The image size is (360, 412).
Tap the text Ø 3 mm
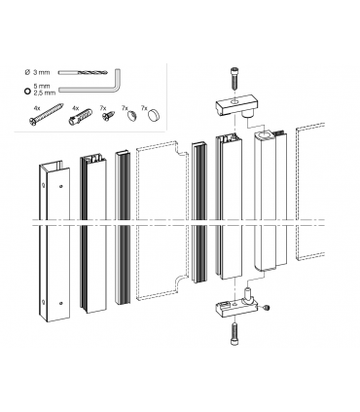click(37, 72)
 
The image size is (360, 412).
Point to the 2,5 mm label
click(45, 94)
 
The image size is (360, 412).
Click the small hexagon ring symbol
click(27, 91)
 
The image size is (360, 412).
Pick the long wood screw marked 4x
click(46, 114)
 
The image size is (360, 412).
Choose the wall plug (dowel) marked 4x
click(80, 116)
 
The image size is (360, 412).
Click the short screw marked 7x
click(108, 116)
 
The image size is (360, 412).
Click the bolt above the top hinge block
click(234, 78)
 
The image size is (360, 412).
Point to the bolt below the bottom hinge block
click(234, 334)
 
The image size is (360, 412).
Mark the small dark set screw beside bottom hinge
click(268, 308)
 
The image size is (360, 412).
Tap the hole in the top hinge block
click(234, 101)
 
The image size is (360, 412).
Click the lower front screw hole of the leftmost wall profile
click(61, 304)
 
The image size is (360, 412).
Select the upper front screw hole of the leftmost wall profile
click(61, 186)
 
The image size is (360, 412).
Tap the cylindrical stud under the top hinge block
click(248, 114)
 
